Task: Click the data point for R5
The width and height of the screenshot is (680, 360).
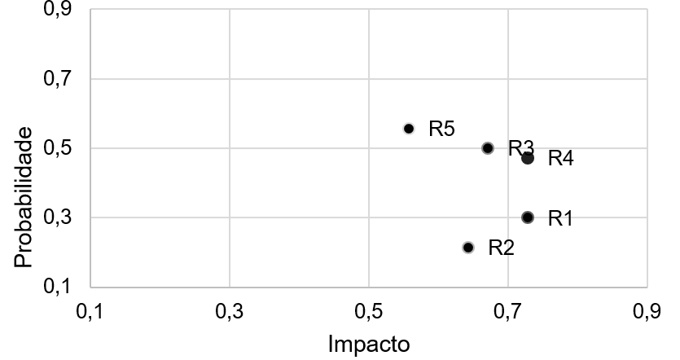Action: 409,129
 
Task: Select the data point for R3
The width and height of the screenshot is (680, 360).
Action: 488,148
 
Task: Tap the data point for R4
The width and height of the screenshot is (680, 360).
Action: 528,158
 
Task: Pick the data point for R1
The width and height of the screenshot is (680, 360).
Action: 528,217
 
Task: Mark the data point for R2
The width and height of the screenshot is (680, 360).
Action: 468,247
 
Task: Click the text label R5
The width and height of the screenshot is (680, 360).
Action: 441,129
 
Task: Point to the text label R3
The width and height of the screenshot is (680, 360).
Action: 520,148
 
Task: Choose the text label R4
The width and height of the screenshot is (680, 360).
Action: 561,158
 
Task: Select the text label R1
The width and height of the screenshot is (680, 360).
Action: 560,218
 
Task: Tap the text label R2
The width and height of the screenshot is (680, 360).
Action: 501,248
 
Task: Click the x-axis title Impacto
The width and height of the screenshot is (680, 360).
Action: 369,344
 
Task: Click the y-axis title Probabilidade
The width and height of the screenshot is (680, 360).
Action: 24,198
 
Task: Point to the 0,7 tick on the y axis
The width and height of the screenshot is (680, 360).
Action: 57,80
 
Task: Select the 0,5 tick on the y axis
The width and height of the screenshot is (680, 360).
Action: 57,149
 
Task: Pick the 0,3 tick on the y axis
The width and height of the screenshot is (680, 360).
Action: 57,218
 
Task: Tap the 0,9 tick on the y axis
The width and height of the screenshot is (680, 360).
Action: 57,11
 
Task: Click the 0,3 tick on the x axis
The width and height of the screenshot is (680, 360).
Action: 230,311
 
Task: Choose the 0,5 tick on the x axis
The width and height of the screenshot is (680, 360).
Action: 369,311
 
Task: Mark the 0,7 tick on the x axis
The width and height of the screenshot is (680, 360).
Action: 508,311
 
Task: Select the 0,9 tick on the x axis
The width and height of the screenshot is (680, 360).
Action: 647,311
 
